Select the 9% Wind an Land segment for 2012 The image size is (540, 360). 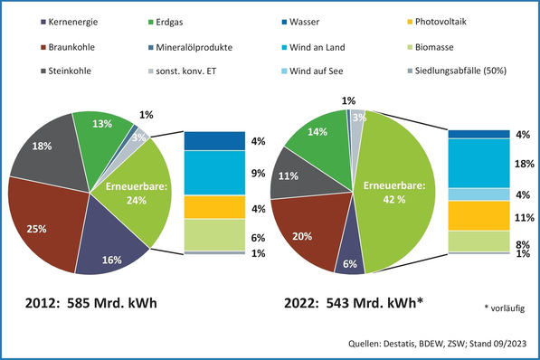(214, 172)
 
